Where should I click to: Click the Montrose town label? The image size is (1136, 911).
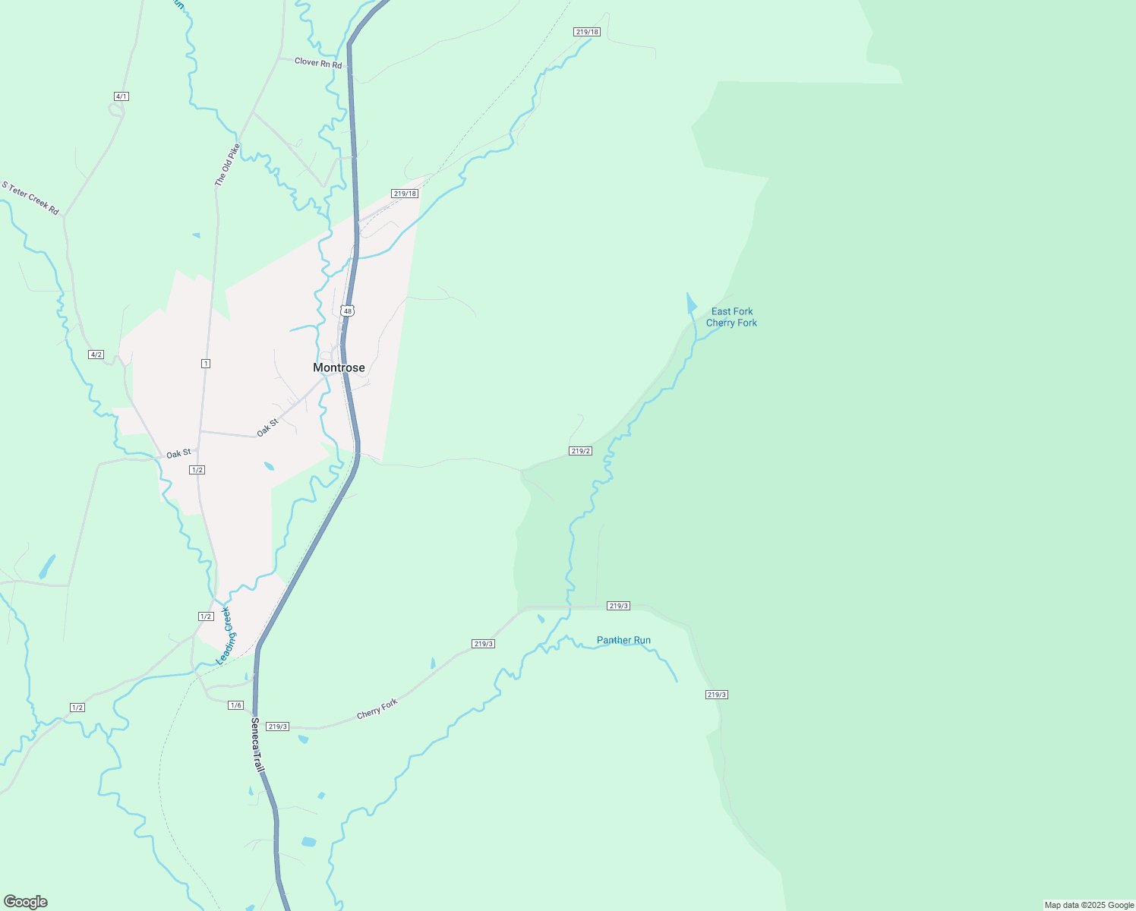pyautogui.click(x=339, y=367)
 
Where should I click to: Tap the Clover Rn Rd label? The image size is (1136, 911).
pyautogui.click(x=318, y=63)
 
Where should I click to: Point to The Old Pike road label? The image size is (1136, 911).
pyautogui.click(x=227, y=165)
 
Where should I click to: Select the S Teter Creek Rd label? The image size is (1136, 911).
pyautogui.click(x=30, y=197)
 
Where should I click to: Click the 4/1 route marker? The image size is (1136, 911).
pyautogui.click(x=121, y=96)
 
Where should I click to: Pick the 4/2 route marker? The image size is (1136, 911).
pyautogui.click(x=96, y=355)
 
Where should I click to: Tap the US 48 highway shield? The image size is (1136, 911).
pyautogui.click(x=347, y=310)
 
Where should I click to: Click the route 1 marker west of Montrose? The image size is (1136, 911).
pyautogui.click(x=205, y=364)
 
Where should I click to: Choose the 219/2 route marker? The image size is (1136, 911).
pyautogui.click(x=580, y=451)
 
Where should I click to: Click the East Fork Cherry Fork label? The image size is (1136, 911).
pyautogui.click(x=731, y=317)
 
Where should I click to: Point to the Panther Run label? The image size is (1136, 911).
pyautogui.click(x=623, y=640)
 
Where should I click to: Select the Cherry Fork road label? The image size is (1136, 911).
pyautogui.click(x=377, y=708)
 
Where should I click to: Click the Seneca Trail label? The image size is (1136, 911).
pyautogui.click(x=257, y=746)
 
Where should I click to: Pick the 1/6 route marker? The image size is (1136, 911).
pyautogui.click(x=235, y=705)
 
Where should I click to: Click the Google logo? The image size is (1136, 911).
pyautogui.click(x=26, y=902)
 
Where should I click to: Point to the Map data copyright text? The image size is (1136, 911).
pyautogui.click(x=1089, y=905)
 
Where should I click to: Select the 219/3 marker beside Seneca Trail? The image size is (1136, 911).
pyautogui.click(x=278, y=727)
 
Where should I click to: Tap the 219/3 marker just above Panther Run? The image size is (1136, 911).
pyautogui.click(x=618, y=606)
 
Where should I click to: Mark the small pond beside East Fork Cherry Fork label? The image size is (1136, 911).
pyautogui.click(x=691, y=304)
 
